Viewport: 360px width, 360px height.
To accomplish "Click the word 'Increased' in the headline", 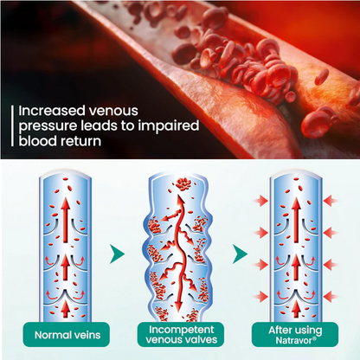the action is click(52, 111).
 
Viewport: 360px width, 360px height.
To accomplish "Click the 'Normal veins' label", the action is click(67, 335).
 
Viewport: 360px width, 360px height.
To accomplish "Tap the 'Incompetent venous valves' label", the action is click(181, 335).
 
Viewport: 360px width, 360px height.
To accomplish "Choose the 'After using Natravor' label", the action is click(295, 335).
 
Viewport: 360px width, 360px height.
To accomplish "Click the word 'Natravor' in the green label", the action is click(294, 340).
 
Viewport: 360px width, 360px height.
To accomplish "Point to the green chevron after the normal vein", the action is click(117, 254).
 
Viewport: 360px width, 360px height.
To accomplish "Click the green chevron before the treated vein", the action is click(240, 254).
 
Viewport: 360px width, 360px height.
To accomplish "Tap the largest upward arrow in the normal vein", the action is click(66, 220).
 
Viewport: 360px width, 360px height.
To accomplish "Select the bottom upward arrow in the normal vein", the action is click(66, 309).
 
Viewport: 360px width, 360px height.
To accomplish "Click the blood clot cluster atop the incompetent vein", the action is click(183, 184).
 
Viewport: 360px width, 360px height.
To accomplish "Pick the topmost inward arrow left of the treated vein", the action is click(260, 201).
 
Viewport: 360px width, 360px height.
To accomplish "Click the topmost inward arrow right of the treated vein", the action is click(331, 201).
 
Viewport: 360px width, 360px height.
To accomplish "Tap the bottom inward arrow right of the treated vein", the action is click(331, 297).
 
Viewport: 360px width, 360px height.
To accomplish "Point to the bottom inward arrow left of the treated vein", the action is click(260, 297).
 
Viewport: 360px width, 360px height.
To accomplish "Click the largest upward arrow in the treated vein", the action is click(296, 220).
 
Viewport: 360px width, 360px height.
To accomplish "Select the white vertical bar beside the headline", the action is click(12, 125).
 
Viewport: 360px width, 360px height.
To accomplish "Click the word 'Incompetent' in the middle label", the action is click(182, 330).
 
